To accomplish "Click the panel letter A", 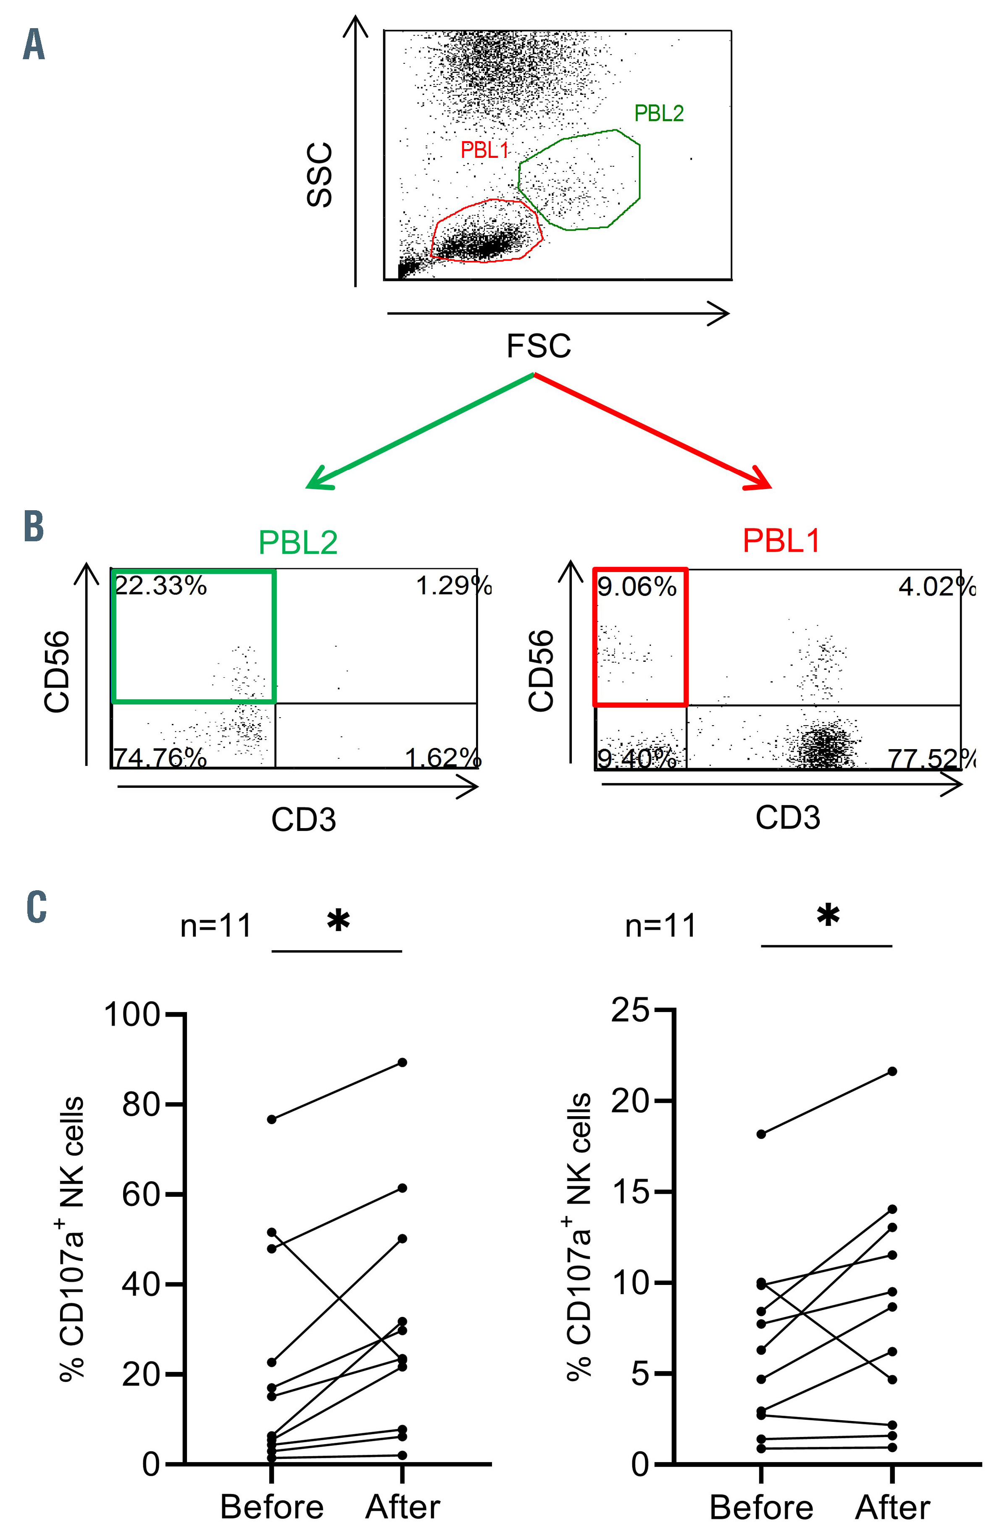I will point(34,47).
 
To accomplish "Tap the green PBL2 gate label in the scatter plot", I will point(659,114).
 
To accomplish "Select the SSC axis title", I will point(320,175).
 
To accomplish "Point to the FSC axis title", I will point(538,346).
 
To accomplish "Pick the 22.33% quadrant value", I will point(160,586).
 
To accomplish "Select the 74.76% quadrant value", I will point(160,757).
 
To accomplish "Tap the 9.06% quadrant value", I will point(637,587).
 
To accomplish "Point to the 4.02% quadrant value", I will point(936,587).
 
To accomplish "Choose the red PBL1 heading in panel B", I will point(781,540).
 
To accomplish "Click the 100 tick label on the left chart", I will point(132,1015).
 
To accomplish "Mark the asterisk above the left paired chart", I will point(338,920).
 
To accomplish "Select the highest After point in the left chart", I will point(402,1062).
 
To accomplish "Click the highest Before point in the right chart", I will point(761,1133).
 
